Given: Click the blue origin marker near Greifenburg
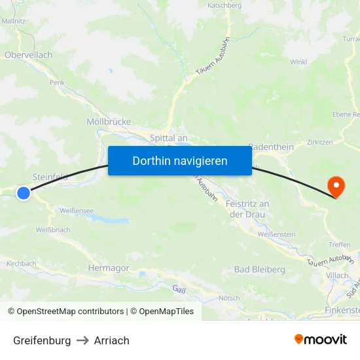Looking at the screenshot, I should click(x=24, y=192).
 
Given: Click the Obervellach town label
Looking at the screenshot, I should click(x=28, y=55).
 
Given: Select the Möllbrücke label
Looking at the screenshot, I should click(x=109, y=122).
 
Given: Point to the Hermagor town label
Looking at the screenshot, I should click(x=109, y=268).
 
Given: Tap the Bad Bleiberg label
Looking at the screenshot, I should click(x=260, y=270).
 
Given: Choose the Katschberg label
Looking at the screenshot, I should click(x=225, y=5).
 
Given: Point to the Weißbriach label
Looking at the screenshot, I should click(x=52, y=230).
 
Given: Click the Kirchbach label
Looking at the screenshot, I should click(x=21, y=263).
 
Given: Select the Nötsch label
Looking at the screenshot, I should click(x=228, y=297).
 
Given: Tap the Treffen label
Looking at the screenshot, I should click(x=339, y=244).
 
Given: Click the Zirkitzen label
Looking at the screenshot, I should click(x=319, y=141).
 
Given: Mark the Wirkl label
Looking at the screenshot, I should click(x=298, y=62).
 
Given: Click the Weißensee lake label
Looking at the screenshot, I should click(x=77, y=211).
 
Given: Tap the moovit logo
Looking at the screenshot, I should click(x=320, y=340).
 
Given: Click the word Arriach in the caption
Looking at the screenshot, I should click(x=111, y=340).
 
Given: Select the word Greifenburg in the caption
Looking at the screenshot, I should click(x=42, y=340).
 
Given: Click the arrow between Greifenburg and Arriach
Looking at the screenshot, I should click(x=82, y=340).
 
